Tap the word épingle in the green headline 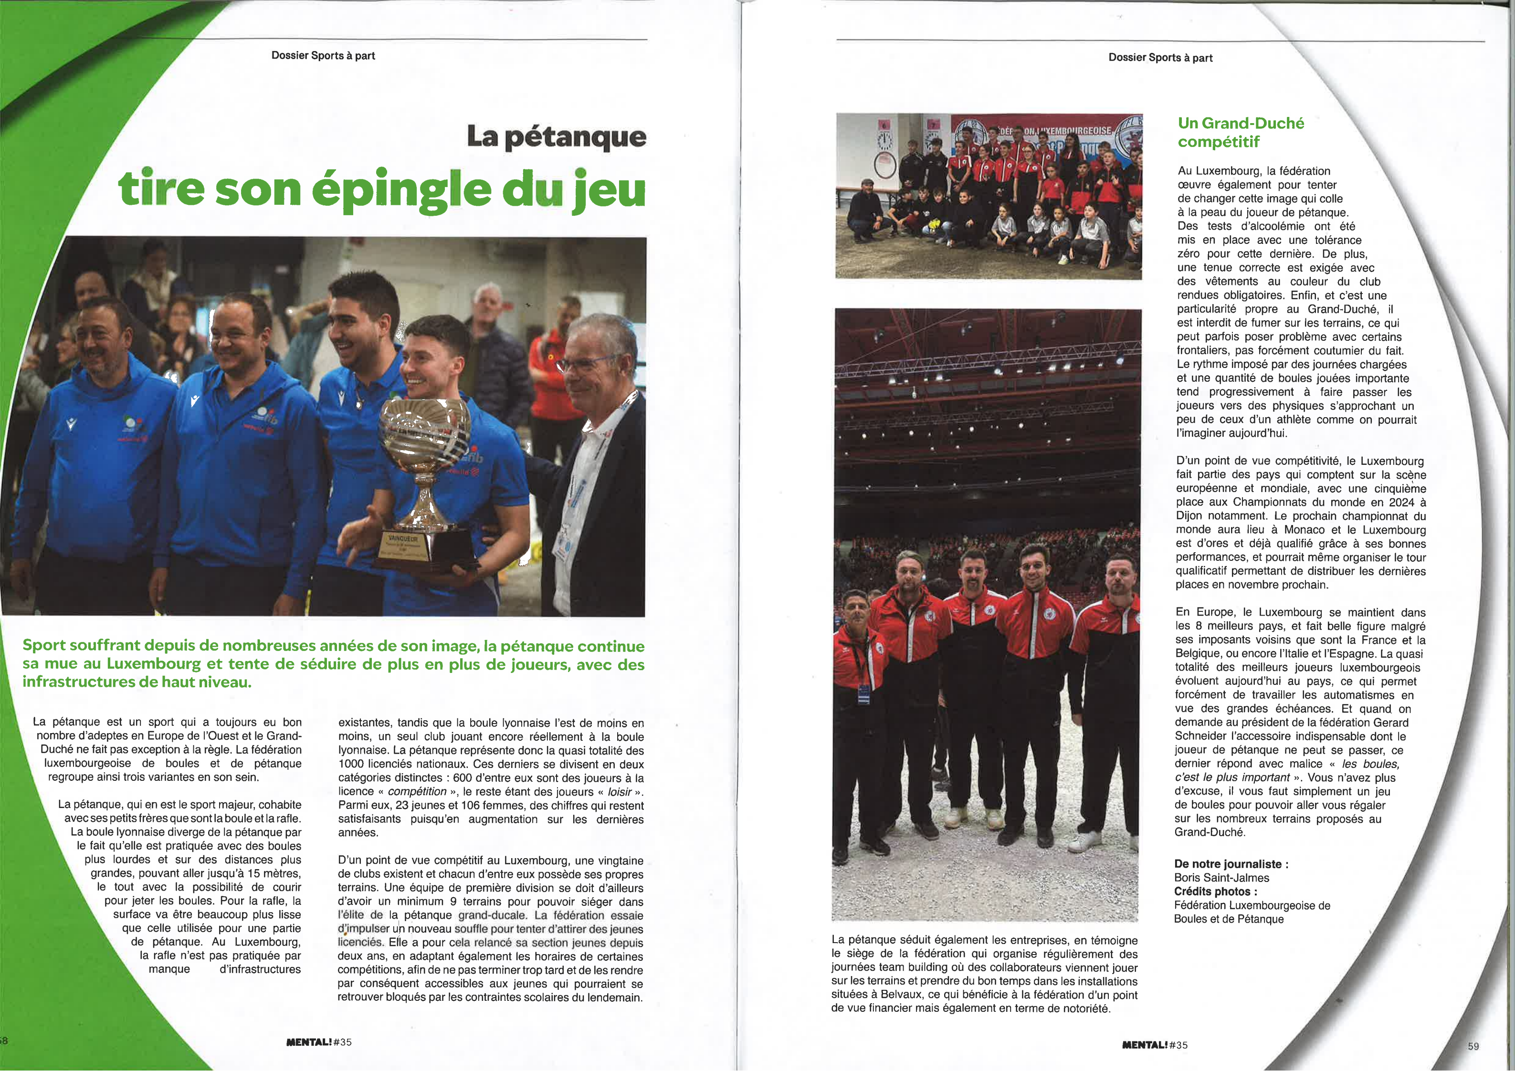click(x=401, y=189)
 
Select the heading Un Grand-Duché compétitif click(x=1240, y=132)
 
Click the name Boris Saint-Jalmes click(x=1221, y=878)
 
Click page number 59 click(x=1473, y=1046)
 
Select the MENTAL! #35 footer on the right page click(x=1154, y=1045)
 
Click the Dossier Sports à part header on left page click(x=323, y=55)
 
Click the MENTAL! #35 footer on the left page click(x=319, y=1042)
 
